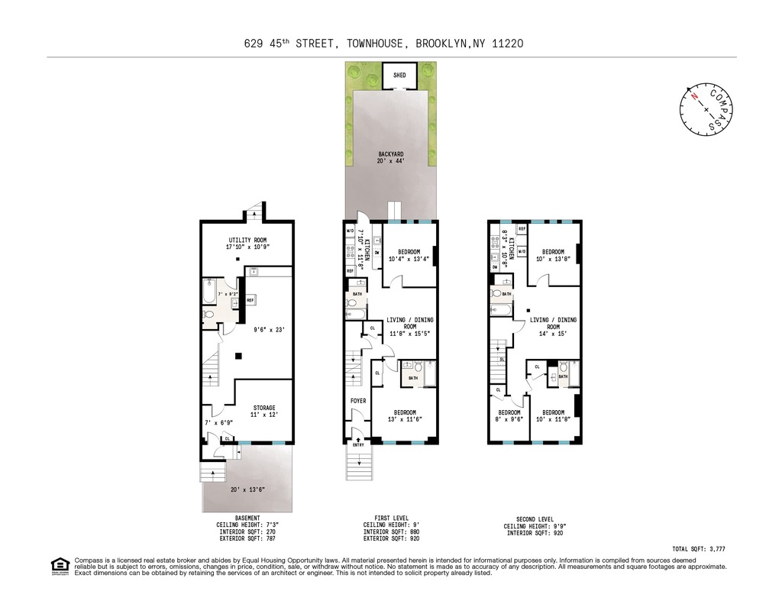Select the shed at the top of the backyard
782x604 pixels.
click(399, 76)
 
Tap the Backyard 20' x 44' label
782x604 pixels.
click(390, 157)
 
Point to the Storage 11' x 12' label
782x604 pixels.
click(264, 411)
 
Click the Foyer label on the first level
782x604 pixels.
click(357, 401)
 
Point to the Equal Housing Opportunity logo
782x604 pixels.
click(60, 566)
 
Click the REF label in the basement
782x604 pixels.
click(250, 301)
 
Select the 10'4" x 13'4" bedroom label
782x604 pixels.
click(409, 255)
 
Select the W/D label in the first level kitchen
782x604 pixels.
click(351, 230)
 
